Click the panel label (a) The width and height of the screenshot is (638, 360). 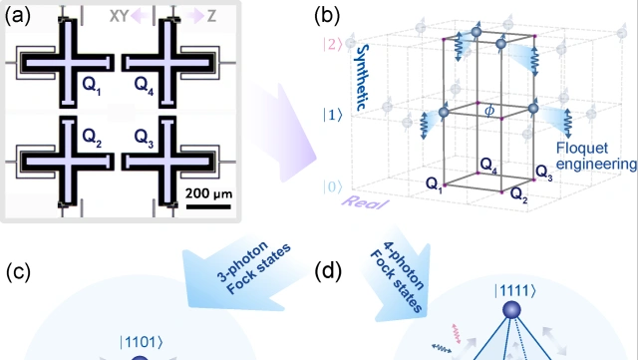pyautogui.click(x=18, y=16)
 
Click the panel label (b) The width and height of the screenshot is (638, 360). pyautogui.click(x=327, y=16)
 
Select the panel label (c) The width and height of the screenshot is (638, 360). pyautogui.click(x=18, y=271)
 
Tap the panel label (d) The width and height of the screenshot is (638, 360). pyautogui.click(x=328, y=271)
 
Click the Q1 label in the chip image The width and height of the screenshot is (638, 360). pyautogui.click(x=92, y=86)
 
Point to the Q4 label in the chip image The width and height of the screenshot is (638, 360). pyautogui.click(x=144, y=86)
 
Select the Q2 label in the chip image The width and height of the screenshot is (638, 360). pyautogui.click(x=92, y=138)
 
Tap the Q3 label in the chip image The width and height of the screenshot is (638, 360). pyautogui.click(x=144, y=138)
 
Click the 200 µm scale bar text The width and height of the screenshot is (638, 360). pyautogui.click(x=208, y=193)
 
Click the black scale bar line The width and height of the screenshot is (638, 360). pyautogui.click(x=208, y=206)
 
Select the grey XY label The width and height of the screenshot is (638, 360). pyautogui.click(x=120, y=16)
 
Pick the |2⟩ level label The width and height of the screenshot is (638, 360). pyautogui.click(x=333, y=44)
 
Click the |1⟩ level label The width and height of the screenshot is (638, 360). pyautogui.click(x=333, y=116)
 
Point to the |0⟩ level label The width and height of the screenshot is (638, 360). pyautogui.click(x=333, y=186)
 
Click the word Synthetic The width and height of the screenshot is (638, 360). pyautogui.click(x=362, y=78)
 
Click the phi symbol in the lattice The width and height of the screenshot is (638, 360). pyautogui.click(x=489, y=111)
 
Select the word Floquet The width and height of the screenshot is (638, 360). pyautogui.click(x=582, y=149)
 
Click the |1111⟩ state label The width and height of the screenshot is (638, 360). pyautogui.click(x=515, y=291)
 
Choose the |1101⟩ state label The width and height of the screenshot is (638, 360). pyautogui.click(x=142, y=342)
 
